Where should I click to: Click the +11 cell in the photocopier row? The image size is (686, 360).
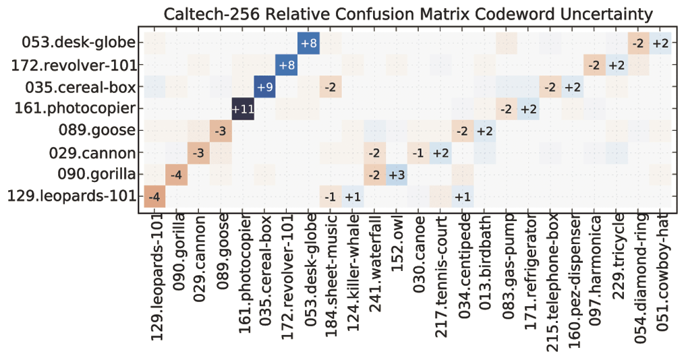243,109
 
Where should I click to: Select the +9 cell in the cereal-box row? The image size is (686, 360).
264,87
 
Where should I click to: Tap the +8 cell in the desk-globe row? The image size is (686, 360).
308,43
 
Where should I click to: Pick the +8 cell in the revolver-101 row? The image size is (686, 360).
287,65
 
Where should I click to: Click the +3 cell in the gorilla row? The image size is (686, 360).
397,175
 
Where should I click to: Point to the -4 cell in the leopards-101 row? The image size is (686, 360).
154,197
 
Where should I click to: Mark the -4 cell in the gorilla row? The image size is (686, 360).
176,175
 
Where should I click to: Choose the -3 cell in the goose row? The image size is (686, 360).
220,131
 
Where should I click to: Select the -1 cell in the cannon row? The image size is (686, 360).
418,153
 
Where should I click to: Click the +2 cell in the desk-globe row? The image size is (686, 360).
660,43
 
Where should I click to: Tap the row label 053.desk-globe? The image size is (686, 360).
80,43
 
